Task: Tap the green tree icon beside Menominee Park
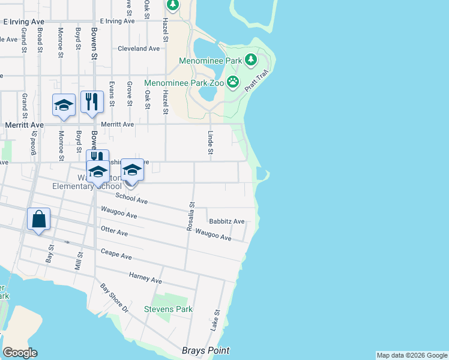(250, 59)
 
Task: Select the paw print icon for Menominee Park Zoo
(232, 82)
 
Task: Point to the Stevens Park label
(169, 309)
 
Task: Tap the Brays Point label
(205, 350)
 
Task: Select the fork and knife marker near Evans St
(91, 102)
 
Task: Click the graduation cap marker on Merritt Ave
(64, 106)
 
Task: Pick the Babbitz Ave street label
(226, 221)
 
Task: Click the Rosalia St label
(190, 216)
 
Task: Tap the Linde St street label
(210, 142)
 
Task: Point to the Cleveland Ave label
(139, 49)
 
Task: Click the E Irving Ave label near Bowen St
(119, 20)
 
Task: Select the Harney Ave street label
(146, 278)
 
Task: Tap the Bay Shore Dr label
(115, 298)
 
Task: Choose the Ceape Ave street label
(116, 255)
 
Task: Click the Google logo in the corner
(20, 353)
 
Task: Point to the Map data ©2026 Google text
(412, 355)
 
